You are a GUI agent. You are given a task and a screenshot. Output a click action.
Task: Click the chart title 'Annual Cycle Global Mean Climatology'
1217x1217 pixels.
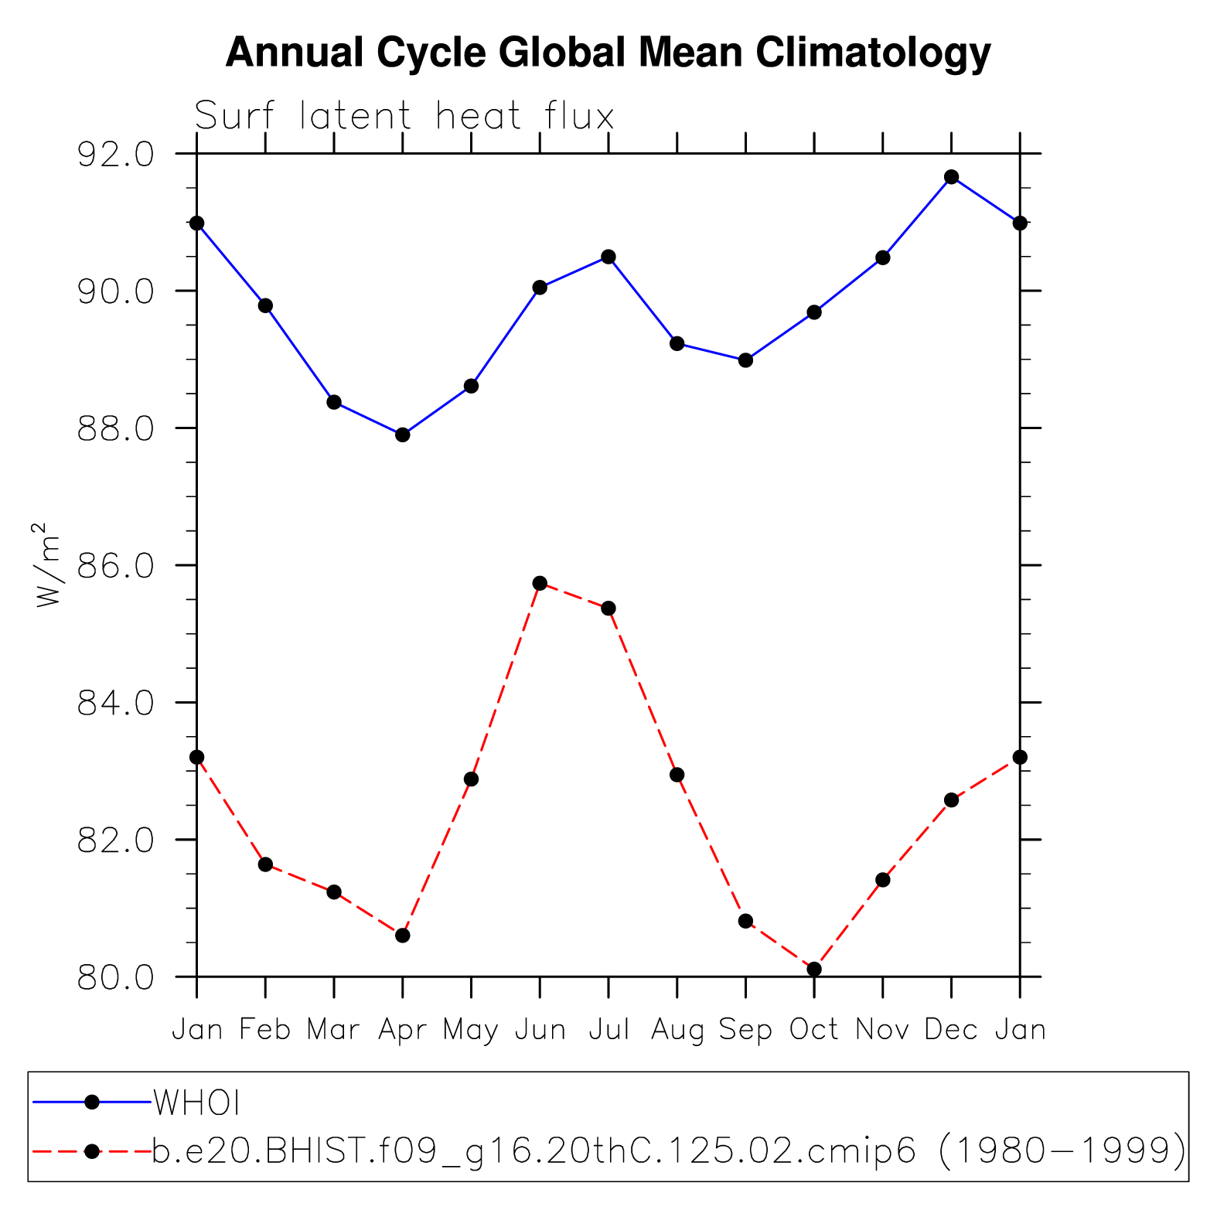click(x=608, y=53)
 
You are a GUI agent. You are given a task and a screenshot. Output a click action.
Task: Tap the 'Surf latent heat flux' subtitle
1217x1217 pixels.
click(x=404, y=116)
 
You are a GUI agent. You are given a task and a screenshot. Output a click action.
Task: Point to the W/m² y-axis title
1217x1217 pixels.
click(x=47, y=564)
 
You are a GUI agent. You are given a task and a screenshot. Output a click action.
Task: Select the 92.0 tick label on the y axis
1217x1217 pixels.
click(x=116, y=155)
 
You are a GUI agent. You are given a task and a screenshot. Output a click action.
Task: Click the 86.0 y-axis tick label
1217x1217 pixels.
click(x=116, y=566)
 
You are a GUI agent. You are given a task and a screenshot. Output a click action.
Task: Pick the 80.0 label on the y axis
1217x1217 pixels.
click(x=116, y=977)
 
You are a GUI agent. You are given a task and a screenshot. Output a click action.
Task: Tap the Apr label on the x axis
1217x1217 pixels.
click(x=402, y=1030)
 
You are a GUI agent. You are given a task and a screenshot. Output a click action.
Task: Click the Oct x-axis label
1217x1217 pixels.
click(x=813, y=1030)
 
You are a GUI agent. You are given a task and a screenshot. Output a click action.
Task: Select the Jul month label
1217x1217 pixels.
click(x=608, y=1030)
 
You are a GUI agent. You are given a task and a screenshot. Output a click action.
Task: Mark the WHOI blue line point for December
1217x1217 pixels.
click(x=951, y=177)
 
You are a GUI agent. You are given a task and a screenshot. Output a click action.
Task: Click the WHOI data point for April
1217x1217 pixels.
click(x=402, y=435)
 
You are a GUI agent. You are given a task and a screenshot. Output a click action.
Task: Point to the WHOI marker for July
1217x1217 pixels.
click(x=608, y=257)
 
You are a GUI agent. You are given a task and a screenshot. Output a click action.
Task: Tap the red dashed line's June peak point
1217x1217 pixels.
click(x=540, y=583)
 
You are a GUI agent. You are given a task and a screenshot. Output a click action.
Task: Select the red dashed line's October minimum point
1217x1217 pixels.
click(x=813, y=969)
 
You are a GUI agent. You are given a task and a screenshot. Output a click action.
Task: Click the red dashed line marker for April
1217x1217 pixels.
click(x=402, y=936)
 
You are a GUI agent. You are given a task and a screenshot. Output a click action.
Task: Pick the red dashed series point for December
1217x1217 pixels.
click(x=951, y=799)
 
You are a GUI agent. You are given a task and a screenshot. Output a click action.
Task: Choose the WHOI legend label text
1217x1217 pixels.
click(x=196, y=1103)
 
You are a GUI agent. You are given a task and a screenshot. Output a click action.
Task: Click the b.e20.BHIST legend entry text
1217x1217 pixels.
click(x=668, y=1151)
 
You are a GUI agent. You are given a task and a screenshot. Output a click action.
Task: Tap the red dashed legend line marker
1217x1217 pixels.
click(x=92, y=1151)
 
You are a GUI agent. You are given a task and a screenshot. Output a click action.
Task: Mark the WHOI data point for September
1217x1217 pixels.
click(x=745, y=360)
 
